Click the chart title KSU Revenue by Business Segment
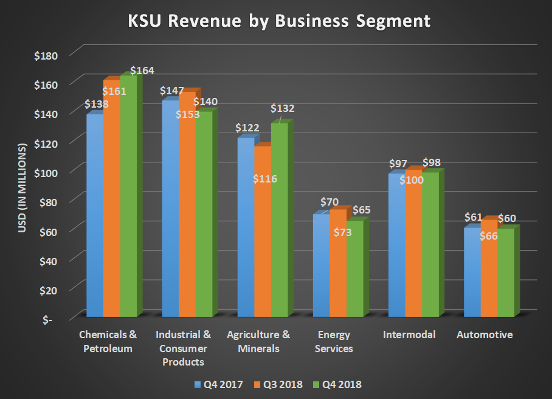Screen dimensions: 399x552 coord(279,21)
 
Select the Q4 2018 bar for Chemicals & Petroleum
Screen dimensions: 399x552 coord(128,201)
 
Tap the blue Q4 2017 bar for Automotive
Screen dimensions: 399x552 coord(472,274)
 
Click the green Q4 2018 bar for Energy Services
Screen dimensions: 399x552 coord(354,271)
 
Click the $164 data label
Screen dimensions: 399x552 coord(142,71)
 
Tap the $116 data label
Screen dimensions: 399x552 coord(264,179)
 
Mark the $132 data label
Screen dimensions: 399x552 coord(283,109)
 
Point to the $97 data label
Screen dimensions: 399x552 coord(398,164)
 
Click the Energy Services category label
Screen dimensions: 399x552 coord(335,341)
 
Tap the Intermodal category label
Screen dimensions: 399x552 coord(410,335)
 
